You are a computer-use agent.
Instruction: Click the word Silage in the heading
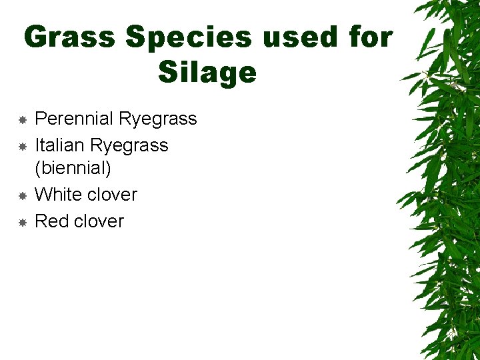coord(207,72)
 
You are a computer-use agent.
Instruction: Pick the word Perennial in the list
coord(73,119)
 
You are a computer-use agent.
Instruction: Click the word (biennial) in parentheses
coord(73,168)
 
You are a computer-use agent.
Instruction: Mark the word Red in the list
coord(51,221)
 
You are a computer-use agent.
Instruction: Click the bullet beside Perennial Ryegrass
coord(22,119)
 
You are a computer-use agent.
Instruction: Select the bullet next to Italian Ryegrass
coord(22,145)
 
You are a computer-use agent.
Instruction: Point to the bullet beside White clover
coord(22,195)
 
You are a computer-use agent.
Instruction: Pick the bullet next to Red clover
coord(22,221)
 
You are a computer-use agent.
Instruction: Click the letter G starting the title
coord(35,37)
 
